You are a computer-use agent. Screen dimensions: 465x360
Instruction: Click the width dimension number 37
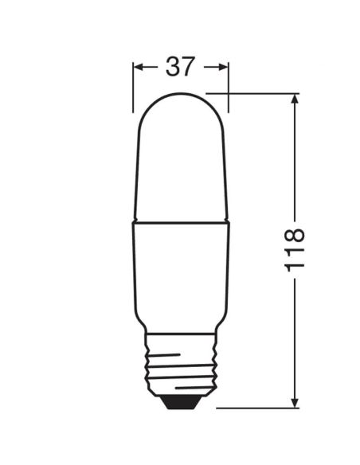pos(180,67)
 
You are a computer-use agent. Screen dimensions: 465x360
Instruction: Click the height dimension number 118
pos(295,248)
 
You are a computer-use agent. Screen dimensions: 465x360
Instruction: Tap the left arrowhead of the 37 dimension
pos(138,68)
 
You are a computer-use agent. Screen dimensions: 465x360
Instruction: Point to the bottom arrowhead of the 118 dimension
pos(295,403)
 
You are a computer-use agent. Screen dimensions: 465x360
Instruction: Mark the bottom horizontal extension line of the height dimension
pos(255,408)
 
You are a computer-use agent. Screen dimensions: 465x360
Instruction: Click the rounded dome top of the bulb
pos(181,107)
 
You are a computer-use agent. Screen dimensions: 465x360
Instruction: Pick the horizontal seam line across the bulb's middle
pos(181,222)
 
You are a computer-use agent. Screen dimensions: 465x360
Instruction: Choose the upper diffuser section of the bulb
pos(181,167)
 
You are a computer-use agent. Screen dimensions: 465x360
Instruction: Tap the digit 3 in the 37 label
pos(172,67)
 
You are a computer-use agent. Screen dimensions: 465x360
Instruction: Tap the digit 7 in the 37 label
pos(188,67)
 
